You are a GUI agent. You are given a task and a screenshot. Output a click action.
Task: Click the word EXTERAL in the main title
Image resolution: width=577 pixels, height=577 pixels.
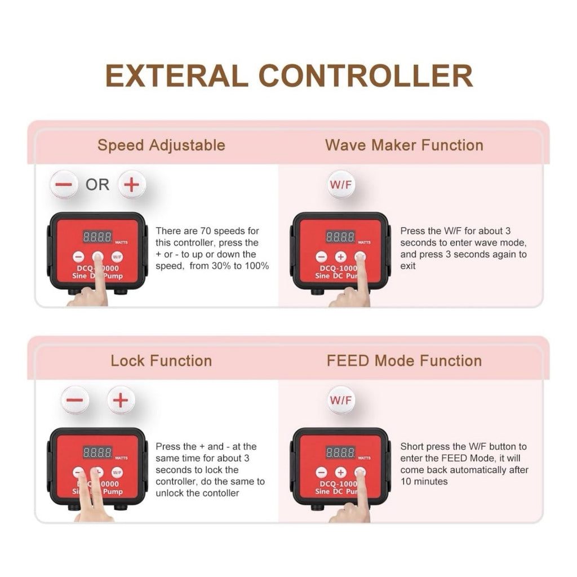point(176,76)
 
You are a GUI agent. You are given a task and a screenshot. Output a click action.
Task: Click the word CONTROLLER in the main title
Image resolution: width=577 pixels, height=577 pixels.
point(366,76)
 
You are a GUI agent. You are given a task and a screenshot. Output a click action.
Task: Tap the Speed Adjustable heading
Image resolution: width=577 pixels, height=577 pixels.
point(161,145)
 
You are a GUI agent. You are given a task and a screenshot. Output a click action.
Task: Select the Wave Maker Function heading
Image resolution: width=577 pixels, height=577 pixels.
point(404,145)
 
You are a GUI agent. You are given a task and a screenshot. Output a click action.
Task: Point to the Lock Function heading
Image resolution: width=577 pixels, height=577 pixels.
point(161,361)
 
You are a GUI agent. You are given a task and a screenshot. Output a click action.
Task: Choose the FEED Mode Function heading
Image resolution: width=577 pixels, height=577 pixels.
point(404,361)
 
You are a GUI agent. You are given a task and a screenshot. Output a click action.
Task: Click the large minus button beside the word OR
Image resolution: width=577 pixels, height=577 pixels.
point(64,184)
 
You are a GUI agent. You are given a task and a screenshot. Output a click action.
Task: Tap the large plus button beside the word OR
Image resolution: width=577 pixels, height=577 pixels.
point(132,184)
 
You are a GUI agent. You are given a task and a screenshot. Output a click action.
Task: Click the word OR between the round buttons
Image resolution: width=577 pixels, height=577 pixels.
point(97,185)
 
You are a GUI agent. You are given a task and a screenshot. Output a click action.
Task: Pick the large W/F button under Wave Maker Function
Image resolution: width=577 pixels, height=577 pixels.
point(341,184)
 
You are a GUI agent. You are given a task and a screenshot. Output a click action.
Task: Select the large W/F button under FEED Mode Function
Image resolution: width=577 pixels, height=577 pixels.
point(341,400)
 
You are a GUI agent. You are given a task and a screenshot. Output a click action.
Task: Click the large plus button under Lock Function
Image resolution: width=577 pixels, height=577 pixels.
point(121,400)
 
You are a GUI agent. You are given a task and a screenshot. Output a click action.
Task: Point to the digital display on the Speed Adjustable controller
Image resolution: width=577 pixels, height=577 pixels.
point(97,237)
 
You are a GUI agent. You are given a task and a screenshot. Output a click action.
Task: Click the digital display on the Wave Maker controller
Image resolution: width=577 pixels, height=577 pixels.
point(340,237)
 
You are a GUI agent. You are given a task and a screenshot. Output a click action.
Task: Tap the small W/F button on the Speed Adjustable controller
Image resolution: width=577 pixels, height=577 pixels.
point(117,257)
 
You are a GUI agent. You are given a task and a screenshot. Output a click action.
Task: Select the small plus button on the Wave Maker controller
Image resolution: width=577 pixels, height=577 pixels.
point(340,257)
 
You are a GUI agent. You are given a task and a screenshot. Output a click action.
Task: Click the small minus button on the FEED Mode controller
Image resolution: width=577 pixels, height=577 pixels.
point(321,473)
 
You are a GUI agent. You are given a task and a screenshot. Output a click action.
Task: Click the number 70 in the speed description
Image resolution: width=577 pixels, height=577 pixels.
point(205,231)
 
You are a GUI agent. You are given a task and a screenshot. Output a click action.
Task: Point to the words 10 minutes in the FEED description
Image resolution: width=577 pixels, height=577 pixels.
point(424,482)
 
